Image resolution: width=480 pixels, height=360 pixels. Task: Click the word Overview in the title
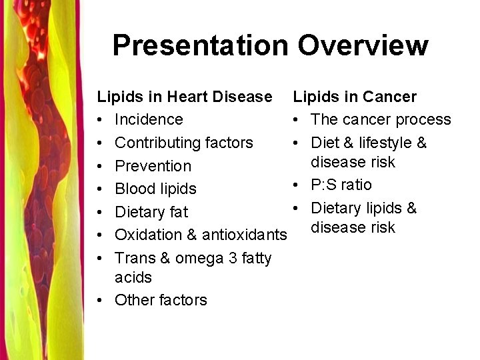point(363,45)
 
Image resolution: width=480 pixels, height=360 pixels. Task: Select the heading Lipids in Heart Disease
point(185,97)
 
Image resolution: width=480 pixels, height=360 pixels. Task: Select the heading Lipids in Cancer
point(355,97)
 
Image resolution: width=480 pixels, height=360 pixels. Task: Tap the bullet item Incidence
point(149,119)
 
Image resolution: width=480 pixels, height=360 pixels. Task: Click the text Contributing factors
point(184,143)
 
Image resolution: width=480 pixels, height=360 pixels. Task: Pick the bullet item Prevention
point(153,166)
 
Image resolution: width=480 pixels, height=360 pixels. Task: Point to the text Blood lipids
point(155,189)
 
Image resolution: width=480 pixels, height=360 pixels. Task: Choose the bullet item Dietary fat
point(151,212)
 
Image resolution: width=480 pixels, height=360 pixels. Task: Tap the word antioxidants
point(245,235)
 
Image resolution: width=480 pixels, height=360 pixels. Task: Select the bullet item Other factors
point(161,300)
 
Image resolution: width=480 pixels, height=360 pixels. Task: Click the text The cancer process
point(381,119)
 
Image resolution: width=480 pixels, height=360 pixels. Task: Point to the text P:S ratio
point(341,185)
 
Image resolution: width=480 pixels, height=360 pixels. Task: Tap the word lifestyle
point(386,143)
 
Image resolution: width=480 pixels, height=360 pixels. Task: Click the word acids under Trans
point(133,277)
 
